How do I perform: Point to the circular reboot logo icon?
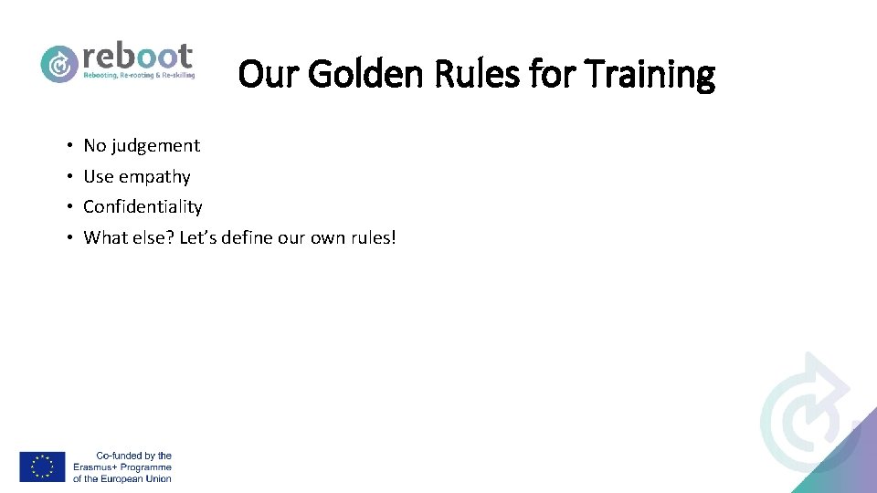pos(59,63)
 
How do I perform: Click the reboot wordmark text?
pos(137,56)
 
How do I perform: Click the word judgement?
pos(155,146)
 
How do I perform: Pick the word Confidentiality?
pos(143,207)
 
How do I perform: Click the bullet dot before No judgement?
pos(69,146)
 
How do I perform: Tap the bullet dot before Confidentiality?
pos(69,207)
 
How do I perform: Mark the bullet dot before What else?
pos(69,238)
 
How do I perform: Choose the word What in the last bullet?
pos(104,238)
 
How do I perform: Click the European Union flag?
pos(42,467)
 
